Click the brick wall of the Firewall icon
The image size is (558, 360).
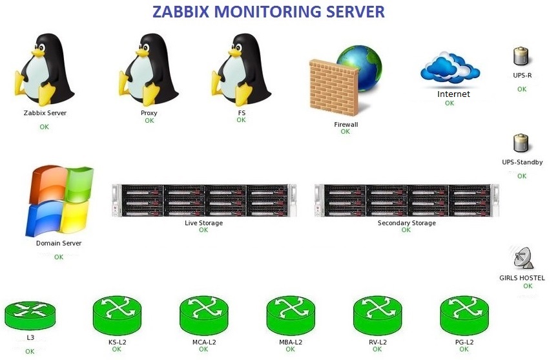[333, 88]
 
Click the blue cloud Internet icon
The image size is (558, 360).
[450, 69]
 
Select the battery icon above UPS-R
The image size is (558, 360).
[521, 56]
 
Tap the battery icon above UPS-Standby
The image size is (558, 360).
[521, 143]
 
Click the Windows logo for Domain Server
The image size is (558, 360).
[59, 201]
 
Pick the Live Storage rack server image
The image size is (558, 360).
[204, 200]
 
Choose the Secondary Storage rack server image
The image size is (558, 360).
[407, 200]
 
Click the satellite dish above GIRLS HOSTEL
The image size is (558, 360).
[522, 258]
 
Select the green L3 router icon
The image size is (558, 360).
[30, 315]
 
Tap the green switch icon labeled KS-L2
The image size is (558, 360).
[117, 316]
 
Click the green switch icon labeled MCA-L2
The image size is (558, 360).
[204, 316]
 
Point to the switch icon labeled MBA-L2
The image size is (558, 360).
[291, 316]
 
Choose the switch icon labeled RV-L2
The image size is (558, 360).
[378, 316]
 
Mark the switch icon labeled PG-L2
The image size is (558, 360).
[464, 316]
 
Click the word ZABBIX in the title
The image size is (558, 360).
[180, 12]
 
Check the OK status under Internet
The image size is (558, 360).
[449, 103]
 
